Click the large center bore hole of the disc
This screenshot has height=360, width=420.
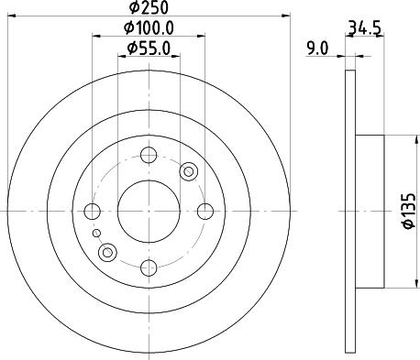point(149,211)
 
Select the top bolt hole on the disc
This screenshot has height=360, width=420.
point(149,155)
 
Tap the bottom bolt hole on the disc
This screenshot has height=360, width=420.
point(149,267)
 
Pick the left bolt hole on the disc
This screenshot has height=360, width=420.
point(93,212)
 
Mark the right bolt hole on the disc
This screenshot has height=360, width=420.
point(204,211)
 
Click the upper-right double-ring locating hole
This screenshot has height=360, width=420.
point(189,170)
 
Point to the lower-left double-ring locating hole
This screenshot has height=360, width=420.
point(108,252)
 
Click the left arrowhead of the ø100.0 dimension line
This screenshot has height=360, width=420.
point(96,38)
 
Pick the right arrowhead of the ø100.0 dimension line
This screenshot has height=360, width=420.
point(201,38)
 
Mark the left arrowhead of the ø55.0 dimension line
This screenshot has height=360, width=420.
point(121,56)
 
